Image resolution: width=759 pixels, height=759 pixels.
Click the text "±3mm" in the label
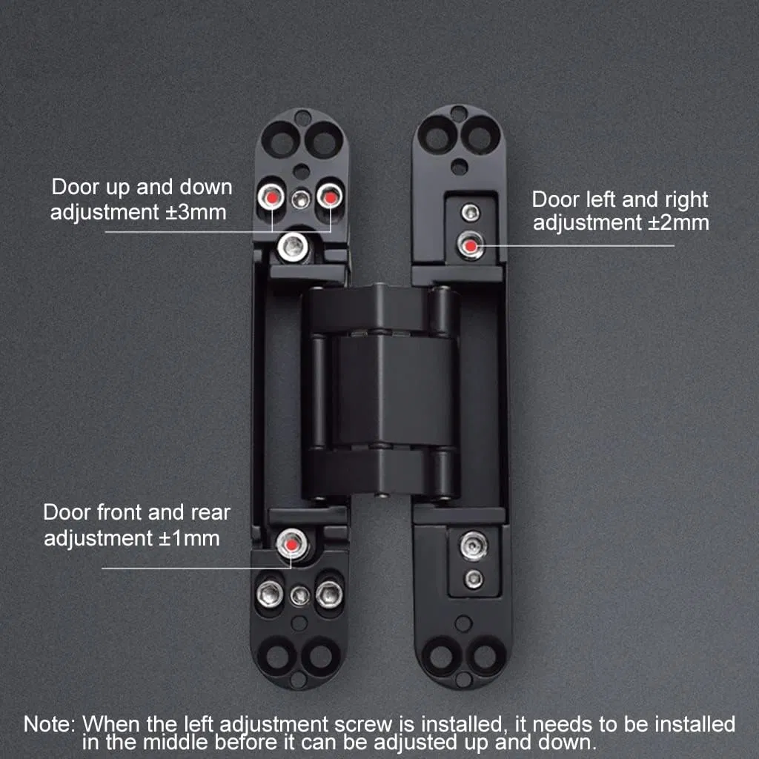tap(195, 213)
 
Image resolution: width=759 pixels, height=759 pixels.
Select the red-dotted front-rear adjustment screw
tap(291, 545)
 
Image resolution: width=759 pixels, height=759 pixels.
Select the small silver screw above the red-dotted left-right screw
tap(470, 213)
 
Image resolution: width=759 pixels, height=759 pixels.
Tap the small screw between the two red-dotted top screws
tap(300, 198)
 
